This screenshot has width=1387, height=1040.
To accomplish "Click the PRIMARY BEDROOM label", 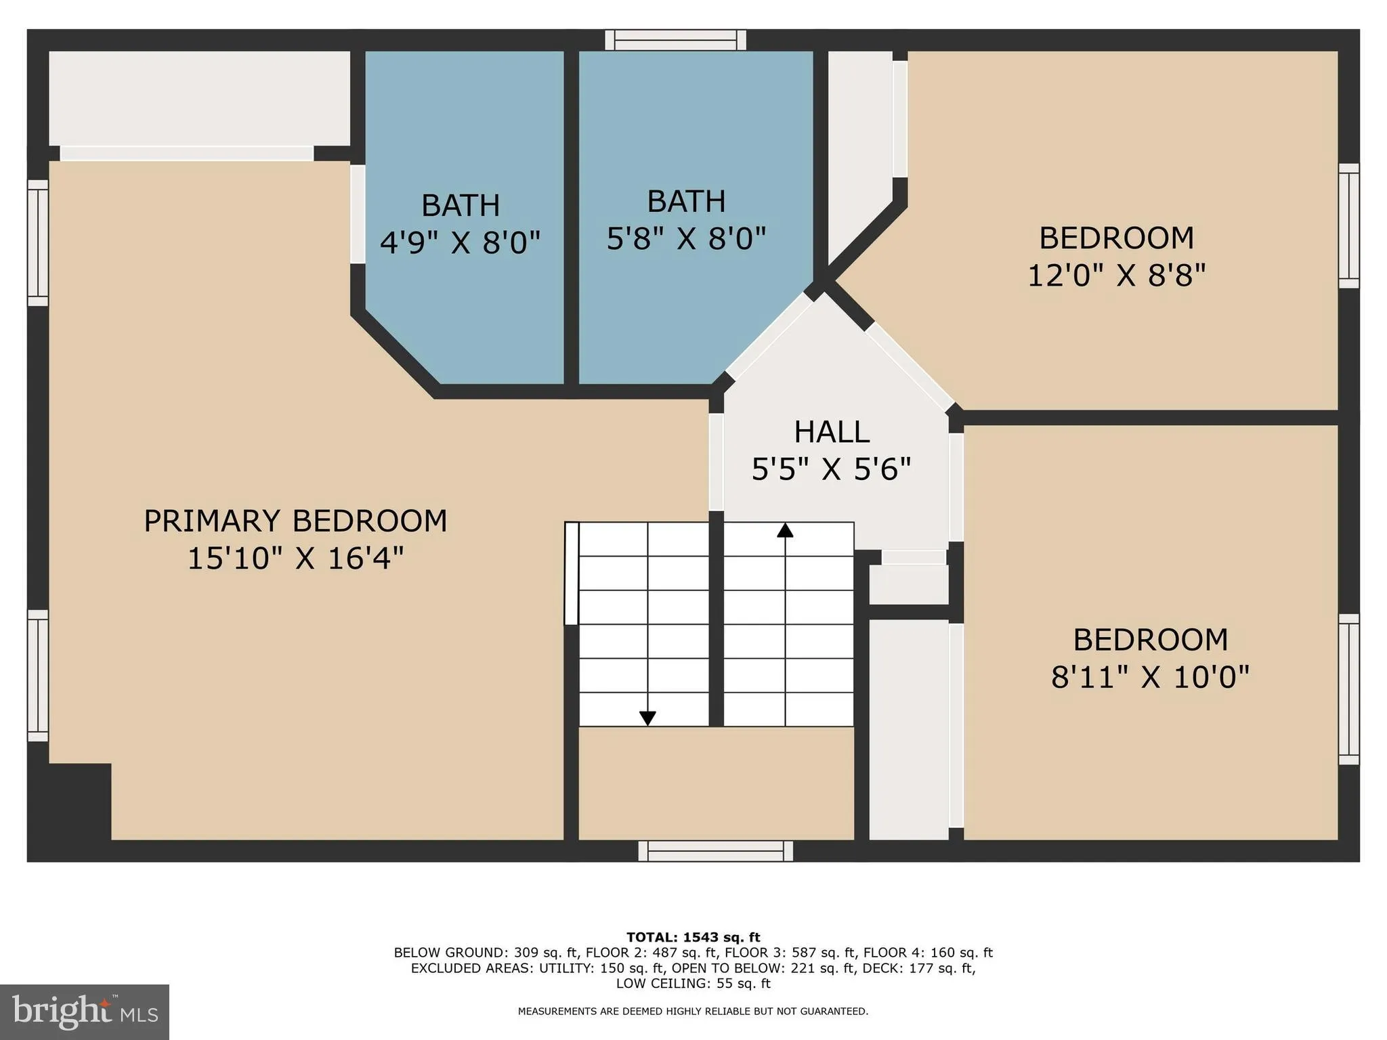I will (295, 521).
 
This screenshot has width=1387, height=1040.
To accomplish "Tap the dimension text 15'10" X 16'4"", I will (295, 559).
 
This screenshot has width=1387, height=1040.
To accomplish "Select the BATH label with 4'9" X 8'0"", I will (461, 205).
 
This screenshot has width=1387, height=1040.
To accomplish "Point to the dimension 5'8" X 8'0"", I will (686, 238).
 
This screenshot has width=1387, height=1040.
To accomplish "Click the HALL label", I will (832, 432).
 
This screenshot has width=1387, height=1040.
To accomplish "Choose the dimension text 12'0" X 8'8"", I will (1117, 276).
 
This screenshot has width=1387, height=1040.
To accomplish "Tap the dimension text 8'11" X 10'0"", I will (1150, 676).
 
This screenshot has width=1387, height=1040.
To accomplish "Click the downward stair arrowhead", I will (647, 718).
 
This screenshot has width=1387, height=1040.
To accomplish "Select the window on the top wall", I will (675, 40).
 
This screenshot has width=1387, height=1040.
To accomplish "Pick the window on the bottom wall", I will (715, 851).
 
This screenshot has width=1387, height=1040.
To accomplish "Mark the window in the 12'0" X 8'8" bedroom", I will (1348, 225).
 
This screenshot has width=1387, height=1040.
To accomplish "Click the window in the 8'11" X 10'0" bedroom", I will (1348, 689).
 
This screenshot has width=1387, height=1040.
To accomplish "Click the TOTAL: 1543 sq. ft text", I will (693, 937).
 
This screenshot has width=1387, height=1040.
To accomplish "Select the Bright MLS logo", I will (85, 1012).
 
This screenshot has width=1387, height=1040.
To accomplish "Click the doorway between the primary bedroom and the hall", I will (716, 462).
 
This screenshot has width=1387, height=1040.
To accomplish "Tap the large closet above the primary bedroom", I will (199, 98).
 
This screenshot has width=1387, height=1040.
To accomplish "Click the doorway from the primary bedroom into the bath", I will (358, 214).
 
